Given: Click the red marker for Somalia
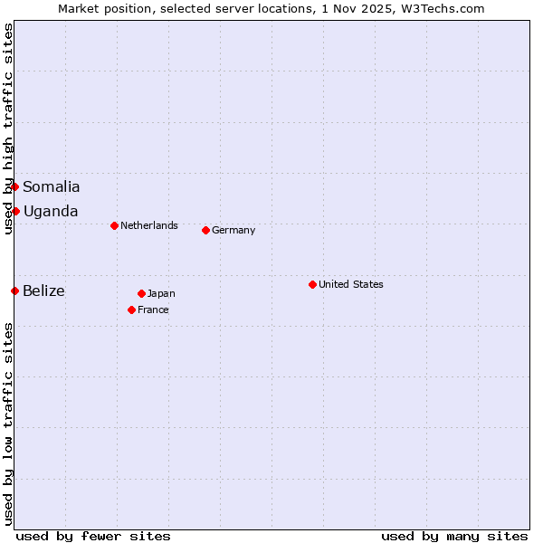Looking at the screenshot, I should [15, 187].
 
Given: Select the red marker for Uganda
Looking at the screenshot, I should [15, 211].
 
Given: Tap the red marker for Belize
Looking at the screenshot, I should [15, 291].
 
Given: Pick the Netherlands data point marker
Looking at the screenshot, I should [114, 225].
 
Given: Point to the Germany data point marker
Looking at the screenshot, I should [205, 230].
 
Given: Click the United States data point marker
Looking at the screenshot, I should [312, 284].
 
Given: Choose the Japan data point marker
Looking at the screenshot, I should [141, 293].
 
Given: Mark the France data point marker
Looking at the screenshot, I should [131, 310].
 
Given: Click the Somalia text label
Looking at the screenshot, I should [52, 187].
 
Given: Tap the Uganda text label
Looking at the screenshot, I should [51, 212].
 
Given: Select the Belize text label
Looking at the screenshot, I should [44, 291].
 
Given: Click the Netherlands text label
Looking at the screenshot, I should [149, 225].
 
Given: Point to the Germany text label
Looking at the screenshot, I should [233, 230].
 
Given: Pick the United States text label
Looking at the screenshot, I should [351, 284].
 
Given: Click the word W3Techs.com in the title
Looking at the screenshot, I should [443, 8].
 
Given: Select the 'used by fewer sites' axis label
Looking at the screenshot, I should [93, 536].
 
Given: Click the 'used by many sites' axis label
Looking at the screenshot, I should [454, 536].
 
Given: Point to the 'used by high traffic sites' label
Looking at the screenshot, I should [8, 129].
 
